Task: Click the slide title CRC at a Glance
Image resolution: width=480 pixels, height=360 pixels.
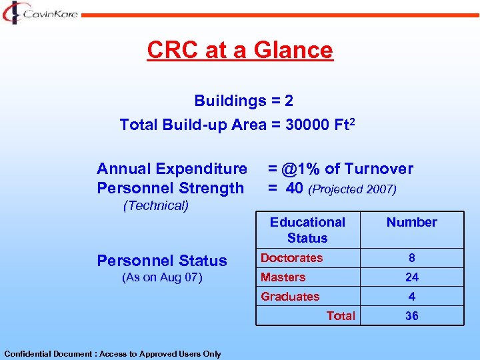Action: [239, 50]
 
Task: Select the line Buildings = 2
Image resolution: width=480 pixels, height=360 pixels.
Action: [243, 101]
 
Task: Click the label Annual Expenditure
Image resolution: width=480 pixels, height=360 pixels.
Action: [171, 169]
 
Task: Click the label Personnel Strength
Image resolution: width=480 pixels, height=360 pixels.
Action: [170, 188]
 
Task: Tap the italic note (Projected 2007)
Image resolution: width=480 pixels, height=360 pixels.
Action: [353, 189]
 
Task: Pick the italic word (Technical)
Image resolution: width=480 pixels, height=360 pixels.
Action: [156, 205]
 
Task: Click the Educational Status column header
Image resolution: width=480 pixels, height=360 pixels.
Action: [307, 230]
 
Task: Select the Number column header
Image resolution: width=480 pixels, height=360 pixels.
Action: [411, 223]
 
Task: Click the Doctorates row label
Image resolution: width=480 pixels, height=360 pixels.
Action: [291, 258]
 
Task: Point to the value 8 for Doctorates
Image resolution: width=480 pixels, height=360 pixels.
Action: [412, 258]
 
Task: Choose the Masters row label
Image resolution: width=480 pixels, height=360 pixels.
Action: [283, 277]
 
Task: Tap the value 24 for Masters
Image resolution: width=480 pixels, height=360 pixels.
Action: [412, 277]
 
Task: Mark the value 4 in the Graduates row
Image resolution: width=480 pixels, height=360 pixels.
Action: [412, 297]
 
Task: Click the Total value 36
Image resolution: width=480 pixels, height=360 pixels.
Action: [412, 316]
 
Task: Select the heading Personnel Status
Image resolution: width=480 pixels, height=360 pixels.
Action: [162, 261]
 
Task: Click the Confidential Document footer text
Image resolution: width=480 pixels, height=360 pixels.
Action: [112, 354]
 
